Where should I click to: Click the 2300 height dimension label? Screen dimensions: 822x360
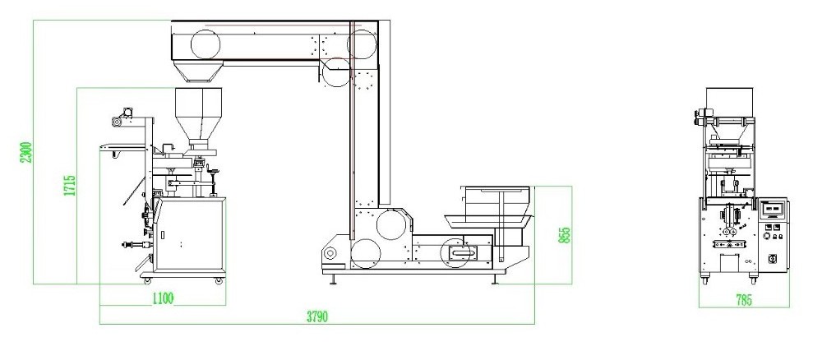27,152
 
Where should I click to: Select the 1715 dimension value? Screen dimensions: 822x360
70,186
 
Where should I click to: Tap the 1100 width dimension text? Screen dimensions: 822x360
163,298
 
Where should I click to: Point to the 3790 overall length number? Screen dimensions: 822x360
317,317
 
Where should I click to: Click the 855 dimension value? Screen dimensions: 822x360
565,235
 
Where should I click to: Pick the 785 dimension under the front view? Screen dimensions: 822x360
744,300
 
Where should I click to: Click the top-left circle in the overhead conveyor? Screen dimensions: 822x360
205,44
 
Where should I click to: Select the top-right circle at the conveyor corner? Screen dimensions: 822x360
362,44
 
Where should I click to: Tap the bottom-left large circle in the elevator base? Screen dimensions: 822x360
366,254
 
